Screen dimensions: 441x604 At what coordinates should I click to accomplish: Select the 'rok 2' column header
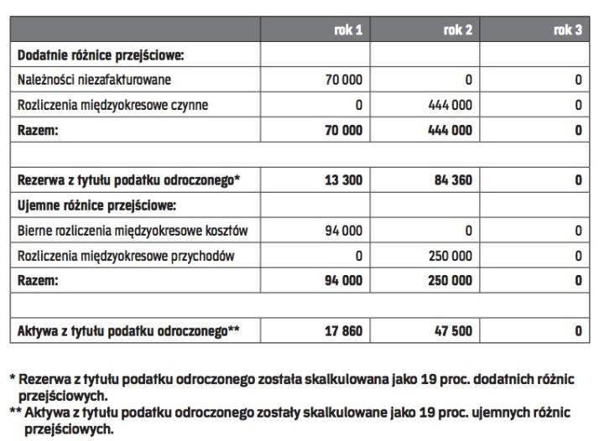[458, 31]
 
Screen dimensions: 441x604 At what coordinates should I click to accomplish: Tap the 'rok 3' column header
[568, 31]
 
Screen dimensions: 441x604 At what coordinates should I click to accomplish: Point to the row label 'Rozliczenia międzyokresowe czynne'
[113, 106]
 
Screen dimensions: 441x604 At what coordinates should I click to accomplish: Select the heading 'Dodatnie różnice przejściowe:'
[101, 56]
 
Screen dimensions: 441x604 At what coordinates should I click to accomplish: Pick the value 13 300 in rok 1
[345, 180]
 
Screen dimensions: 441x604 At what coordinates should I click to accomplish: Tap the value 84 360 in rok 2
[454, 180]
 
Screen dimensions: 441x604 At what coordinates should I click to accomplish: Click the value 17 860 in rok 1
[345, 331]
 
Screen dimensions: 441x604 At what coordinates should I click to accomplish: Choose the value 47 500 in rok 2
[454, 331]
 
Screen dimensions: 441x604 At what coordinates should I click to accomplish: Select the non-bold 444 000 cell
[450, 106]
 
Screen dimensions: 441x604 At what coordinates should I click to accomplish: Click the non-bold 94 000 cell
[345, 231]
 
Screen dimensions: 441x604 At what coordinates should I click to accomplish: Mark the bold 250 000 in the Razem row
[450, 281]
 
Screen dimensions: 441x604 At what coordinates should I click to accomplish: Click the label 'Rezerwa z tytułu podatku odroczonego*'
[130, 180]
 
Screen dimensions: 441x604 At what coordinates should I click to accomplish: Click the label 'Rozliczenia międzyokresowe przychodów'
[124, 256]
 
